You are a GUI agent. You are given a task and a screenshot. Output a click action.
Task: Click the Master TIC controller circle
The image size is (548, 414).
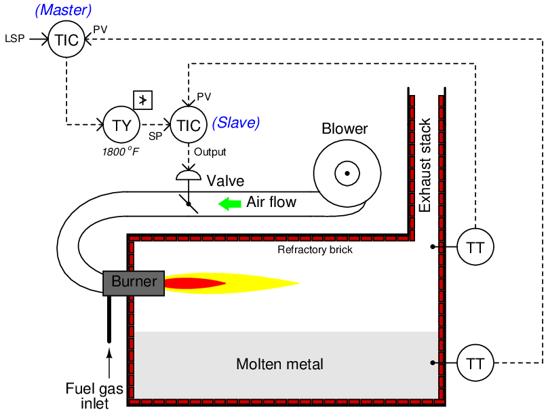[66, 39]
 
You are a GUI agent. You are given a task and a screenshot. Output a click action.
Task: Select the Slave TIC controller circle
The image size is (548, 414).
[188, 125]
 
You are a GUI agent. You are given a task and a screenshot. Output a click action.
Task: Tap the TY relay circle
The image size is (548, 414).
[121, 125]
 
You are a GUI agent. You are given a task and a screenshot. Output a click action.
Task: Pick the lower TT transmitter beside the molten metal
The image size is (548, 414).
[475, 363]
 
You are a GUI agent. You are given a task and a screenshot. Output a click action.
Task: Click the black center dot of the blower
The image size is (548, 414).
[347, 174]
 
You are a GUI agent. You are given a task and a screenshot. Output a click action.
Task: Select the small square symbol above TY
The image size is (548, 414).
[142, 100]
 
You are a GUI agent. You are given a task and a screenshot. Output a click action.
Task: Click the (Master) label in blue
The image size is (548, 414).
[62, 10]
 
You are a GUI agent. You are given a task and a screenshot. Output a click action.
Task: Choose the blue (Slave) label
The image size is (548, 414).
[236, 123]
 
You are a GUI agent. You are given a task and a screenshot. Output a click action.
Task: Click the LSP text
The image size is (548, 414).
[14, 39]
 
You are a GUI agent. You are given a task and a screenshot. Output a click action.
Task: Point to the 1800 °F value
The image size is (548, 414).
[121, 151]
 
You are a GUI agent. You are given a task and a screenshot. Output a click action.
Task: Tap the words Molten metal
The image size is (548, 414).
[279, 364]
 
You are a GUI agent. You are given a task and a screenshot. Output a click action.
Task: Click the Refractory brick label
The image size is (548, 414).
[315, 250]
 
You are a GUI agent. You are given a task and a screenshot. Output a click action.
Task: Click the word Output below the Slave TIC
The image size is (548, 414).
[210, 152]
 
